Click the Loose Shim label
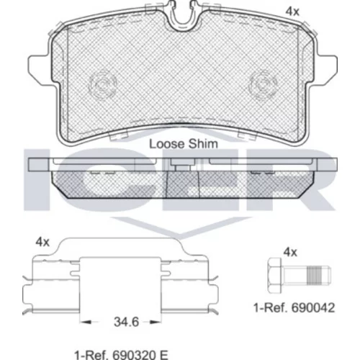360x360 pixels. click(184, 144)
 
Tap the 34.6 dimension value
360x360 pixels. click(126, 322)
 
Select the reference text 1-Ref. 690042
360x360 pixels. click(294, 307)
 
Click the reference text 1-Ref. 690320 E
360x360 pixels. click(121, 355)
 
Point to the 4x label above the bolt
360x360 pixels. click(290, 252)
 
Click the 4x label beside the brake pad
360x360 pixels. click(292, 12)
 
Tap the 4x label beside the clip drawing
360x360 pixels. click(42, 242)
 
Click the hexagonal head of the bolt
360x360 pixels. click(274, 276)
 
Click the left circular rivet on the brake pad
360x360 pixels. click(103, 84)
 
